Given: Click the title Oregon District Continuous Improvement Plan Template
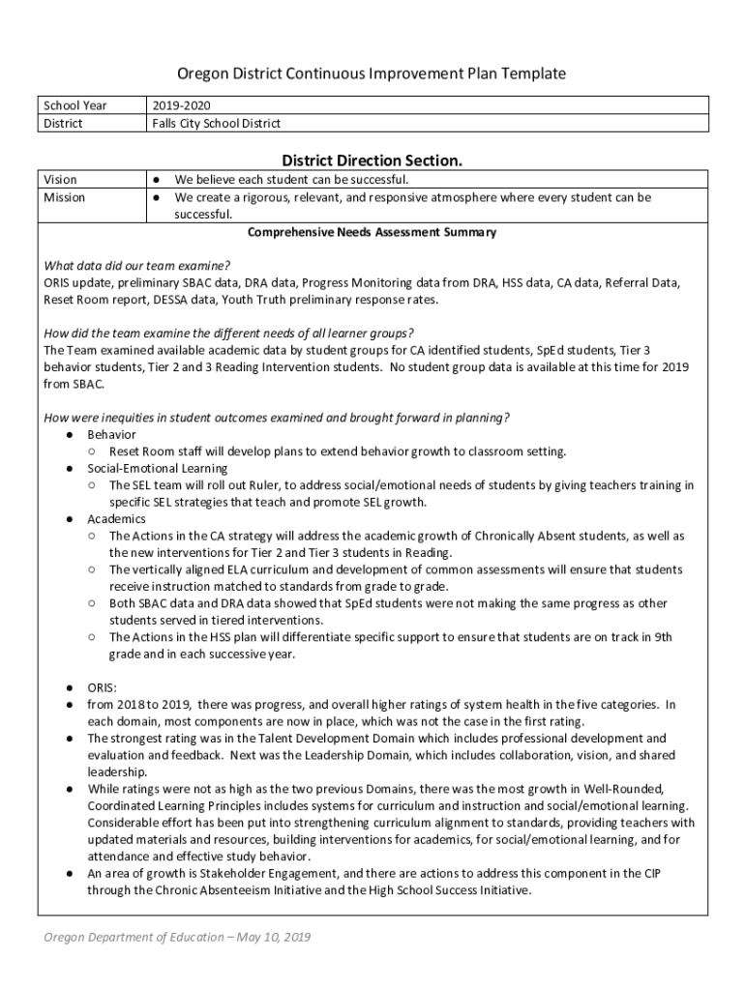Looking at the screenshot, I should click(x=372, y=74).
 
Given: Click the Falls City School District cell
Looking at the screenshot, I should click(x=217, y=124).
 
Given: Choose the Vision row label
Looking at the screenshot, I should click(x=61, y=180).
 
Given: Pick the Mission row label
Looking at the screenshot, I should click(x=65, y=197).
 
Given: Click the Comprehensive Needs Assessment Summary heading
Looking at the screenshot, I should click(x=372, y=233).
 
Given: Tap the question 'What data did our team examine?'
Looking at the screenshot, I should click(x=136, y=266).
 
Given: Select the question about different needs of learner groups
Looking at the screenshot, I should click(x=229, y=333).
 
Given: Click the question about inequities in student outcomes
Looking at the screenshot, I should click(x=277, y=418).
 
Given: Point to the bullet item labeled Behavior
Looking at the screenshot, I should click(x=111, y=435).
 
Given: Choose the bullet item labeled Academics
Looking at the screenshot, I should click(x=116, y=519).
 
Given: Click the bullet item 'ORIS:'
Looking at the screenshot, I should click(x=103, y=687).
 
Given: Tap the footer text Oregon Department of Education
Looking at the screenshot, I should click(x=174, y=937).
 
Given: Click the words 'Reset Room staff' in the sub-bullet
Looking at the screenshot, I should click(x=153, y=451).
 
